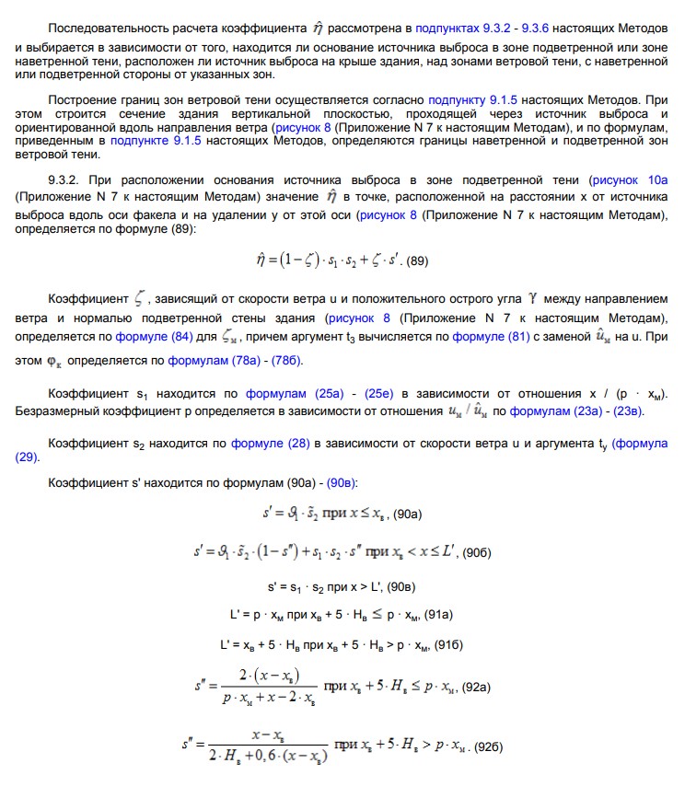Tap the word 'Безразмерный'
(55, 411)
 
